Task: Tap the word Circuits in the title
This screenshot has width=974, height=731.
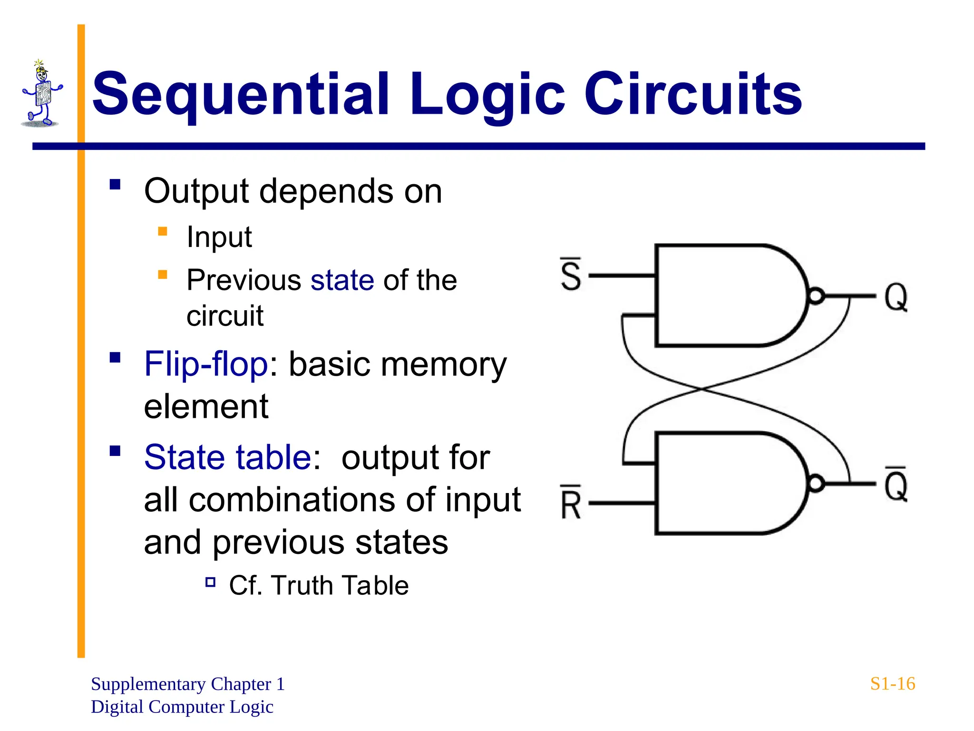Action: point(693,94)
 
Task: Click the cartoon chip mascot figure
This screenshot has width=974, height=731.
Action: point(42,94)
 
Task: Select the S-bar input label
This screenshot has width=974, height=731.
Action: point(571,275)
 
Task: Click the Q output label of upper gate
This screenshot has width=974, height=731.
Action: point(896,297)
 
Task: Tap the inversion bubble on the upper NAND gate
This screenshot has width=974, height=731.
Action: point(816,296)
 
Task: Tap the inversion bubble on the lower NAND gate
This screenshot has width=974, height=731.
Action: point(816,484)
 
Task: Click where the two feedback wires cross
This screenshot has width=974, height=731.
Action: point(702,389)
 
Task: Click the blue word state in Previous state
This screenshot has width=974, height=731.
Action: point(342,280)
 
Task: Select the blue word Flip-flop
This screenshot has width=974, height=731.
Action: point(206,364)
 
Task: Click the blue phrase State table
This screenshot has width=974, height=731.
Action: point(228,457)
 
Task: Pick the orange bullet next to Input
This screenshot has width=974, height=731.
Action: point(163,232)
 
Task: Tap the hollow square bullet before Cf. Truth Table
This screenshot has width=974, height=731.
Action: point(210,582)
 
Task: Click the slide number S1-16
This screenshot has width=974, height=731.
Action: point(892,684)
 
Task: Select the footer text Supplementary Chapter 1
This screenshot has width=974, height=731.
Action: point(187,684)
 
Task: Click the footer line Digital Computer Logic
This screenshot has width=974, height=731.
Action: point(182,707)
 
